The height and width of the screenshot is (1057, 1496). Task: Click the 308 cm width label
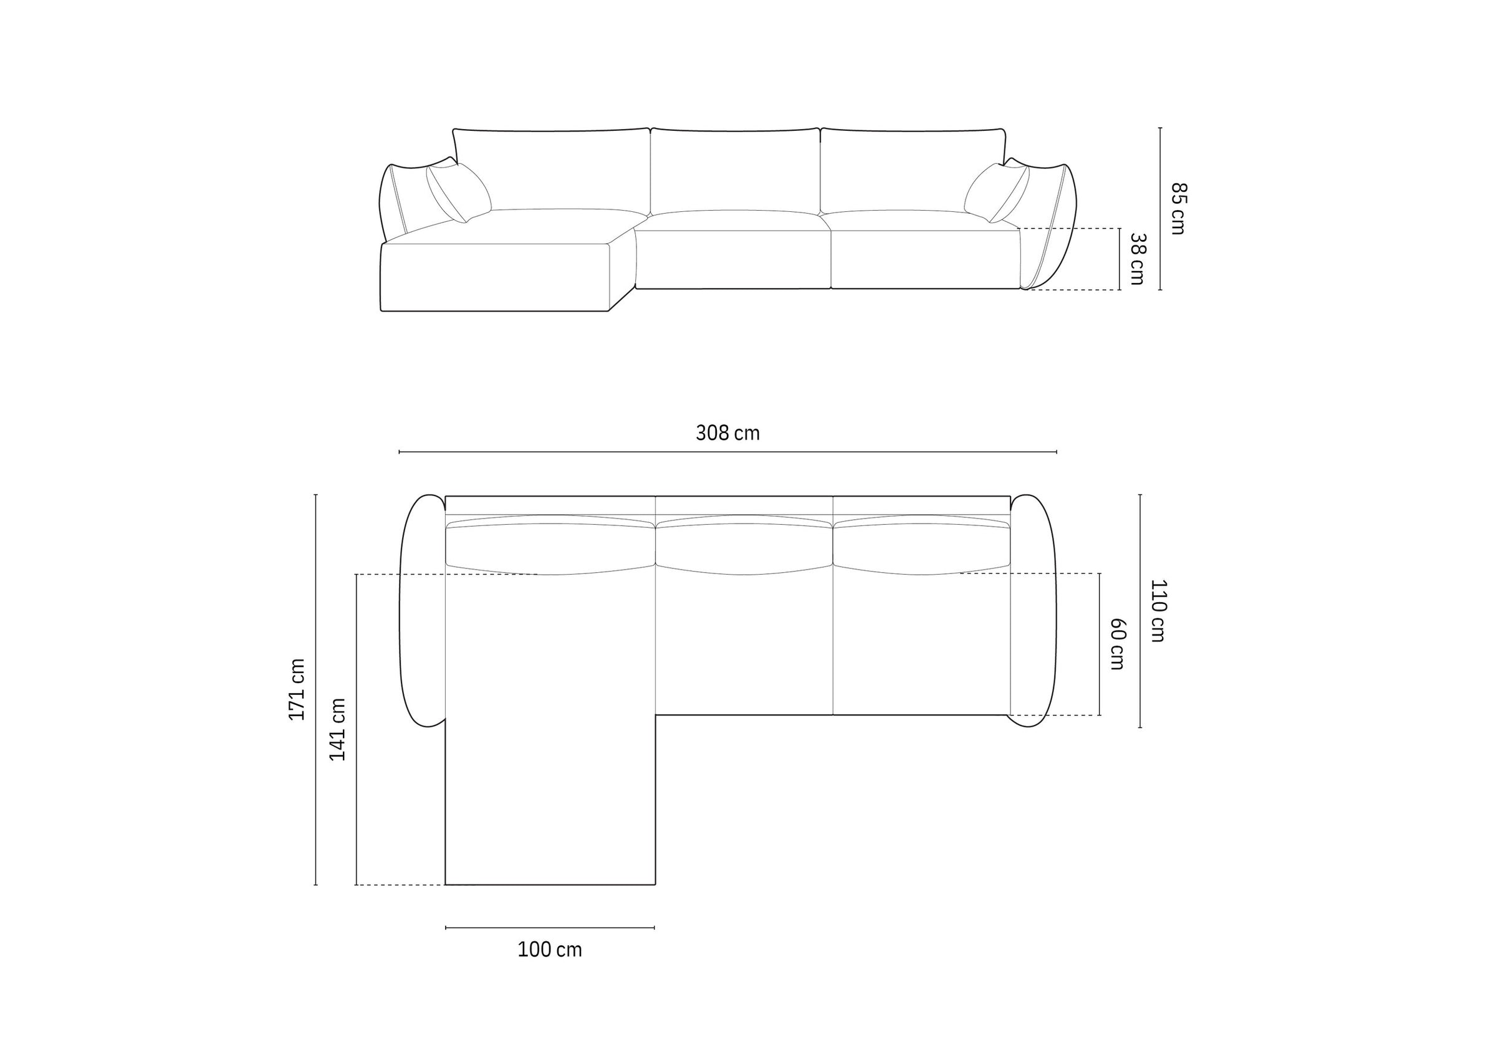pyautogui.click(x=727, y=433)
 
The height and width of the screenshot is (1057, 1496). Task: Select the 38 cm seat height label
pyautogui.click(x=1138, y=259)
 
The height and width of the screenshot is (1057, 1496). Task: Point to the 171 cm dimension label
pyautogui.click(x=297, y=689)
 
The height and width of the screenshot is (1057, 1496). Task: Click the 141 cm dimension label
pyautogui.click(x=337, y=729)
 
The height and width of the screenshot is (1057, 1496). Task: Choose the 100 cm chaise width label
pyautogui.click(x=550, y=950)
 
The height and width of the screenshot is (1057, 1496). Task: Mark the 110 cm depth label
pyautogui.click(x=1158, y=611)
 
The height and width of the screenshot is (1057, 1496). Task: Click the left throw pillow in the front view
pyautogui.click(x=459, y=192)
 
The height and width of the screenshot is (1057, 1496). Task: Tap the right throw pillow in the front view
pyautogui.click(x=996, y=192)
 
